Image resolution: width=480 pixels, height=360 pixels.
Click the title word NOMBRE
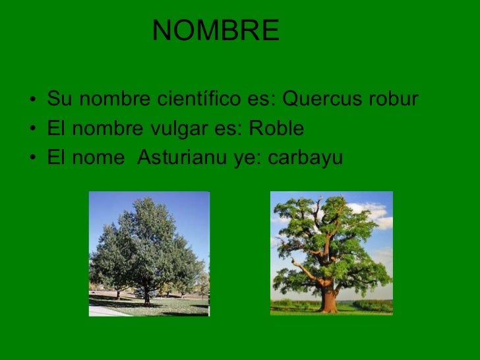pos(216,31)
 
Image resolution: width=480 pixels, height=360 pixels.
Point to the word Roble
pos(276,129)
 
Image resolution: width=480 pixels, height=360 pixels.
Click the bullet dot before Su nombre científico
pos(32,101)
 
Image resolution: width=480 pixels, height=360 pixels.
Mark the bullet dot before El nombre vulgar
pos(32,130)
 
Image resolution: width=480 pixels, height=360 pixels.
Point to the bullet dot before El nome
pos(32,159)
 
